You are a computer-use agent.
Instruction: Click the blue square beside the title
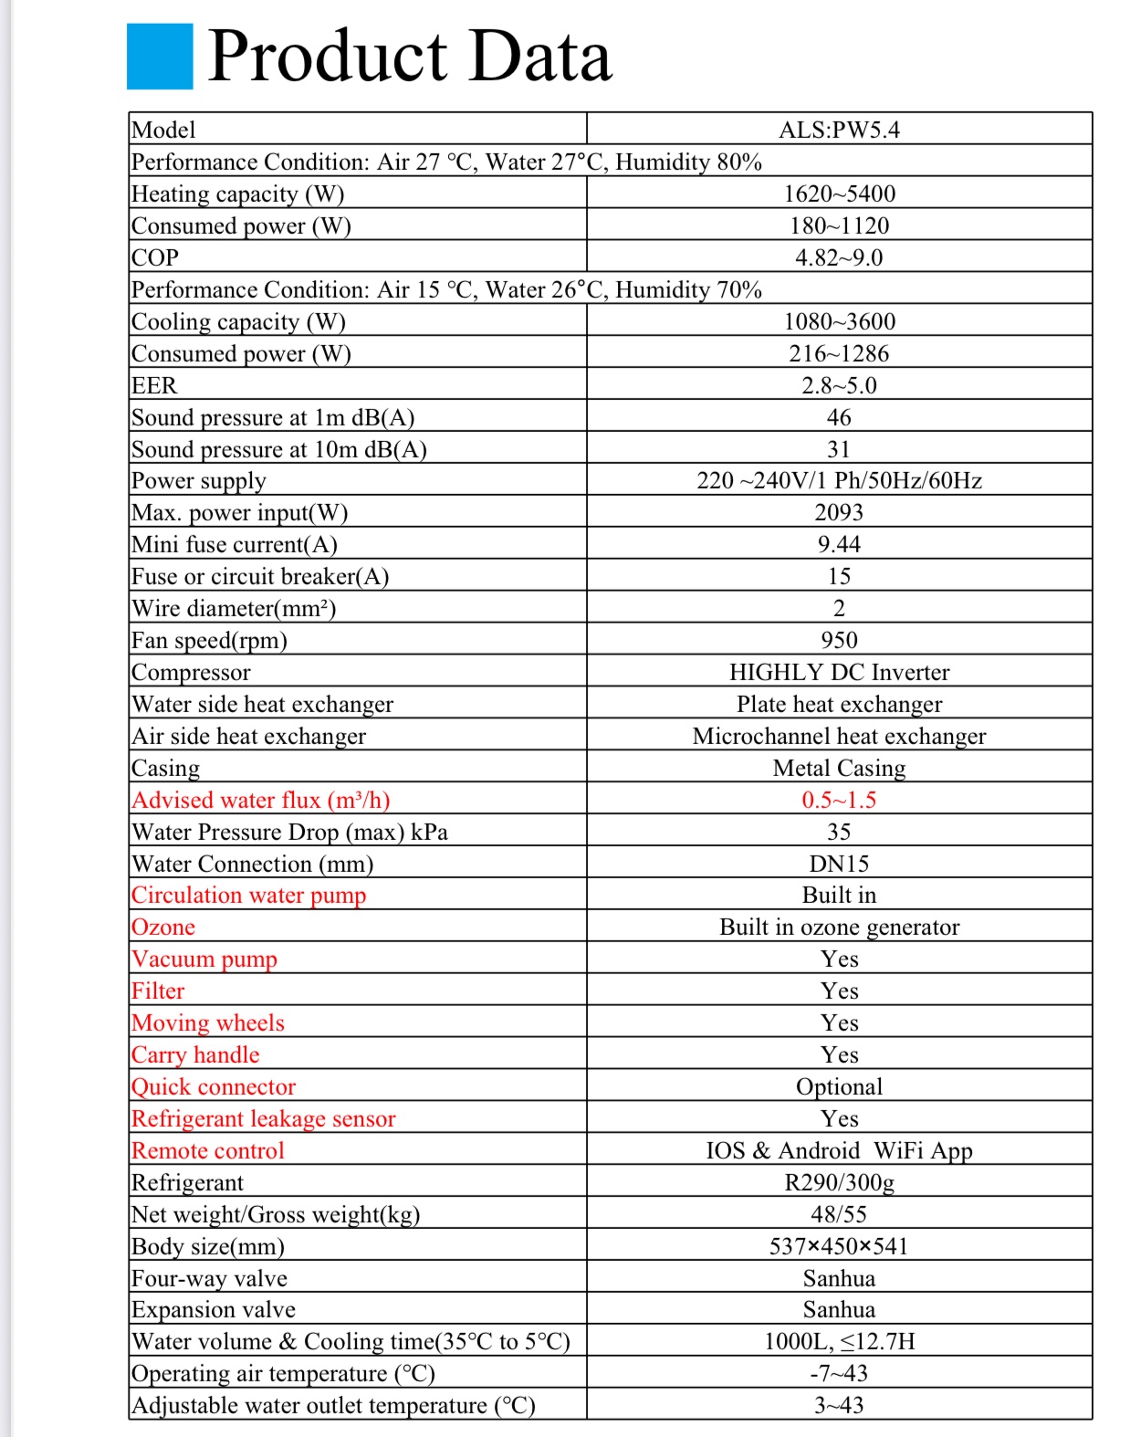point(160,57)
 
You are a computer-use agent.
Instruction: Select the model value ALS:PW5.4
point(839,130)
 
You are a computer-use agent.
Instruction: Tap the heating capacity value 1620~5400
point(839,194)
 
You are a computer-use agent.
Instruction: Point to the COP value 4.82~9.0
point(839,257)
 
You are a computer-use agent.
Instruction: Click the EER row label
point(154,385)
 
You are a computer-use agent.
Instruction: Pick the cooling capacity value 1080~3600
point(839,321)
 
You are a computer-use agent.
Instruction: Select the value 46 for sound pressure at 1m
point(839,417)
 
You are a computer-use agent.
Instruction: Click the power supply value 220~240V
point(839,480)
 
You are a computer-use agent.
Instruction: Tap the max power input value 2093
point(839,512)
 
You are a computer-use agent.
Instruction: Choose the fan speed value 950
point(839,640)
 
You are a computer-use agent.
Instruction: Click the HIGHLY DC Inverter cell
point(839,672)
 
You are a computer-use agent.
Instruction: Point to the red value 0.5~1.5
point(839,800)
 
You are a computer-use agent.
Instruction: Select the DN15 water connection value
point(839,864)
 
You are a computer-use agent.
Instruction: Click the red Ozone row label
point(163,928)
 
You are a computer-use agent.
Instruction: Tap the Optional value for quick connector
point(839,1086)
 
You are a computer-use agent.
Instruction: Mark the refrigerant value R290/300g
point(839,1182)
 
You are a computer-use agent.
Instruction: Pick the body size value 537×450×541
point(839,1246)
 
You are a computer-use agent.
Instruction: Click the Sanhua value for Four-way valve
point(839,1278)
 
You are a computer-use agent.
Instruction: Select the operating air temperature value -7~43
point(839,1373)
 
